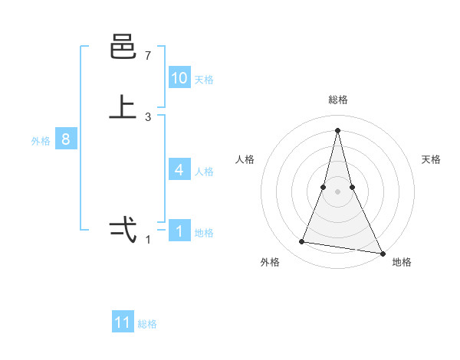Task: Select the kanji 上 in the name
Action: pos(123,106)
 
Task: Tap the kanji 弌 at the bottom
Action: pos(123,229)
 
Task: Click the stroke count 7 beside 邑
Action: pos(148,56)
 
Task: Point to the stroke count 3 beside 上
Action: pos(148,117)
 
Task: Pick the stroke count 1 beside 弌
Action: pos(148,240)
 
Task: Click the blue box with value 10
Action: pos(179,78)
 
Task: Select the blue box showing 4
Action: pos(179,170)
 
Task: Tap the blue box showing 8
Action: pos(66,139)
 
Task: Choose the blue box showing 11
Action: pos(123,322)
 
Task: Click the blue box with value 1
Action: pos(179,231)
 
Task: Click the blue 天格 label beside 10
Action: pos(204,80)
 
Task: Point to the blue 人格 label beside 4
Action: pos(204,172)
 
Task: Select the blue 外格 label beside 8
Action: pos(41,141)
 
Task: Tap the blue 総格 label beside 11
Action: pos(147,324)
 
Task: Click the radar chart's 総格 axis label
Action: pos(337,100)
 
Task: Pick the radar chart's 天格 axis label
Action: pos(431,159)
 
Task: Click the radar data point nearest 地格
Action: pos(382,253)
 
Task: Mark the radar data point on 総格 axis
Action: pos(337,130)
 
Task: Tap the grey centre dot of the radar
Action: pos(337,191)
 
